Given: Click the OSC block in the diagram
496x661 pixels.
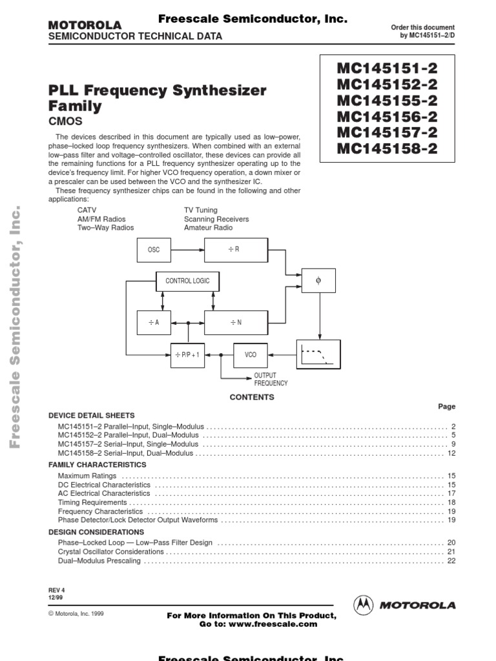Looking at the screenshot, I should [154, 250].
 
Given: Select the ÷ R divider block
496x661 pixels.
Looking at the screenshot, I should [236, 250].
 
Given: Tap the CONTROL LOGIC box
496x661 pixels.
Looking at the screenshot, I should [187, 281].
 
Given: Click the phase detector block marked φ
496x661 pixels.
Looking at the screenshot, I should [318, 281].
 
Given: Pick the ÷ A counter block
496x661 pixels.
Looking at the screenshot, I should [154, 322].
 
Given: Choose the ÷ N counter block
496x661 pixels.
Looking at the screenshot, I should [236, 322].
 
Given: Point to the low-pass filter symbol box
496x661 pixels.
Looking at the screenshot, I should [318, 354].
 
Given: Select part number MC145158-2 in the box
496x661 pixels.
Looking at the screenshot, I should [387, 149].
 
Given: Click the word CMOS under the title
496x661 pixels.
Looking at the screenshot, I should [66, 121].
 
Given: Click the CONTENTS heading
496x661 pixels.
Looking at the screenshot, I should [252, 397].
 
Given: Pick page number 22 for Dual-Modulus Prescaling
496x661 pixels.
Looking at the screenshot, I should [451, 561].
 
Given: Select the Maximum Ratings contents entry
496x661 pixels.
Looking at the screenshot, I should [87, 476].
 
